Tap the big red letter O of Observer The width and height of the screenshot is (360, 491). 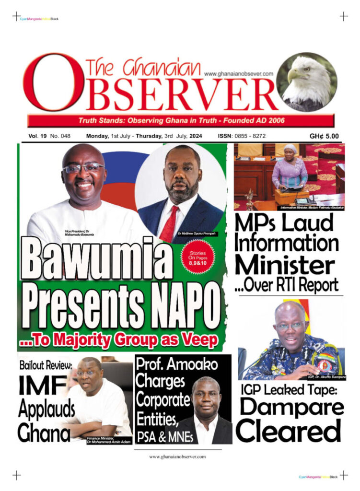[x=53, y=82]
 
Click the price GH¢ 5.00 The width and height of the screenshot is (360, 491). [x=324, y=136]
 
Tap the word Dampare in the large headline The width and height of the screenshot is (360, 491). [x=291, y=408]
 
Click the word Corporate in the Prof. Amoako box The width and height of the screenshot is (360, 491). [x=163, y=399]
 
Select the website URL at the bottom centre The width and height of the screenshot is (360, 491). [x=177, y=456]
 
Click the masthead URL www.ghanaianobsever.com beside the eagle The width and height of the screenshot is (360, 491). [x=238, y=73]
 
